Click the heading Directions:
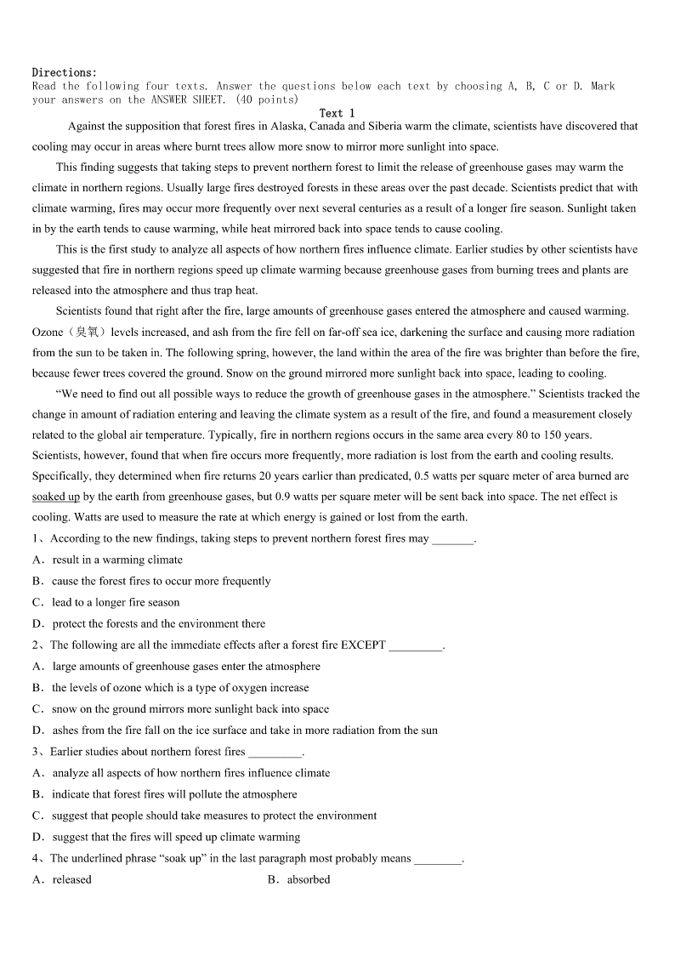click(x=65, y=73)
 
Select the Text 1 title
click(x=337, y=113)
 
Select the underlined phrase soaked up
click(x=56, y=497)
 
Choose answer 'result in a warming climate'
click(x=117, y=560)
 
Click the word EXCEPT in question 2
click(x=363, y=645)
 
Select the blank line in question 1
click(x=453, y=539)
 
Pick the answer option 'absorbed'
click(x=309, y=879)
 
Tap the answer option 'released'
click(x=71, y=879)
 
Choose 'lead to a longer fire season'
click(x=116, y=602)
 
